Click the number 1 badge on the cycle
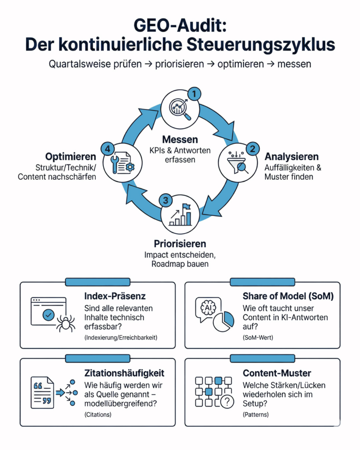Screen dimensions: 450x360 point(194,94)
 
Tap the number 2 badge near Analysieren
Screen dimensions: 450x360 point(252,149)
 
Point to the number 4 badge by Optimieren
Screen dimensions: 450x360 point(107,149)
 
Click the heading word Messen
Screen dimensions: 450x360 point(180,139)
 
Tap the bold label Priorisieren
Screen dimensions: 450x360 point(180,243)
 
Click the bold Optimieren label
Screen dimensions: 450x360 point(70,157)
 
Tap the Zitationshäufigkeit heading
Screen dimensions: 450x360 point(124,373)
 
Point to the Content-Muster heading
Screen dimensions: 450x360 point(277,373)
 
